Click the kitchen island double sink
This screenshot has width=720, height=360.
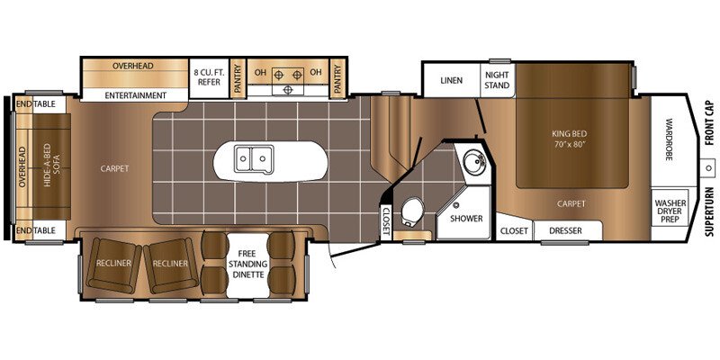(x=254, y=159)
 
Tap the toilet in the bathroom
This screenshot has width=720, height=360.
(x=412, y=211)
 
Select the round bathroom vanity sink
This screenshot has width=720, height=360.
(x=472, y=162)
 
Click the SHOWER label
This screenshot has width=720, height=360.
(x=466, y=219)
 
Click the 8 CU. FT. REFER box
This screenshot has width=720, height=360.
(x=210, y=78)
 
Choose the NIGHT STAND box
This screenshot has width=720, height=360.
(x=498, y=80)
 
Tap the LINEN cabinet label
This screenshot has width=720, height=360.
(x=452, y=80)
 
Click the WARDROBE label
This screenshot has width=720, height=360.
(x=670, y=140)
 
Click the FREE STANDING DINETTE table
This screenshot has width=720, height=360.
(x=248, y=265)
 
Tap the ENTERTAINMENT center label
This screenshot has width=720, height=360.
(x=136, y=95)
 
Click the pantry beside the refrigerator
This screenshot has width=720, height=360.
(x=238, y=78)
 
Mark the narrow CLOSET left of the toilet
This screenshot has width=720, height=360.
(x=386, y=220)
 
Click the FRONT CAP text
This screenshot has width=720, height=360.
(x=710, y=123)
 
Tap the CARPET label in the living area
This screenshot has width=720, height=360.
(x=115, y=168)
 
